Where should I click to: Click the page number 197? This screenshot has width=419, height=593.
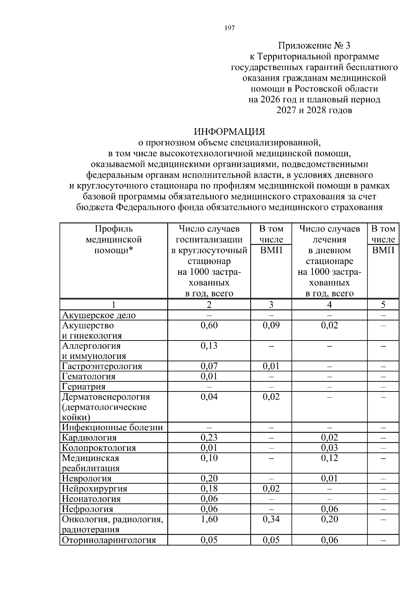pyautogui.click(x=229, y=28)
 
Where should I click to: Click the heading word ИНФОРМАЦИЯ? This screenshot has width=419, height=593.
pyautogui.click(x=229, y=132)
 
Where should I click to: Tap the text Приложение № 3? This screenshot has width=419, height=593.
pyautogui.click(x=314, y=45)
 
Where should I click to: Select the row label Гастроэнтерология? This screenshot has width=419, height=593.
pyautogui.click(x=102, y=366)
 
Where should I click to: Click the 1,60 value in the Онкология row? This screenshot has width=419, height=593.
pyautogui.click(x=209, y=519)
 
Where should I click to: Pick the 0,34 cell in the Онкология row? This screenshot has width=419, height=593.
pyautogui.click(x=271, y=519)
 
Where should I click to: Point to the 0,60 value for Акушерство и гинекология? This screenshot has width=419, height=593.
pyautogui.click(x=209, y=325)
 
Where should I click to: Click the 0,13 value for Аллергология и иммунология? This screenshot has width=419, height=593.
pyautogui.click(x=209, y=346)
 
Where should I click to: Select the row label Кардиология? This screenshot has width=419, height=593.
pyautogui.click(x=89, y=438)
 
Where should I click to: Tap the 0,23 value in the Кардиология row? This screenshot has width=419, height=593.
pyautogui.click(x=209, y=438)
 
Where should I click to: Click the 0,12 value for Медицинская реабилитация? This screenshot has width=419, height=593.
pyautogui.click(x=329, y=458)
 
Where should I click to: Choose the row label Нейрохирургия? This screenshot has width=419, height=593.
pyautogui.click(x=94, y=489)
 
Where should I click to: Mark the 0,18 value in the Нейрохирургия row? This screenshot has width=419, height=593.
pyautogui.click(x=209, y=489)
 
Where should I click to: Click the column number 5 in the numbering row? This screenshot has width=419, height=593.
pyautogui.click(x=383, y=305)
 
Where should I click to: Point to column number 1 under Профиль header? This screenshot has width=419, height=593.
pyautogui.click(x=113, y=305)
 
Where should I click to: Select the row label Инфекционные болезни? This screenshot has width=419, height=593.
pyautogui.click(x=112, y=427)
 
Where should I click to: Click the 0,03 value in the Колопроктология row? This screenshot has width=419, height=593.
pyautogui.click(x=329, y=448)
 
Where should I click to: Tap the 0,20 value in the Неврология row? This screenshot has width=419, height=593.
pyautogui.click(x=209, y=478)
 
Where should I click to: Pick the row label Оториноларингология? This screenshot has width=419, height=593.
pyautogui.click(x=109, y=540)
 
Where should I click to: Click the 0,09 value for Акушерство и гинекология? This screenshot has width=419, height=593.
pyautogui.click(x=271, y=325)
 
